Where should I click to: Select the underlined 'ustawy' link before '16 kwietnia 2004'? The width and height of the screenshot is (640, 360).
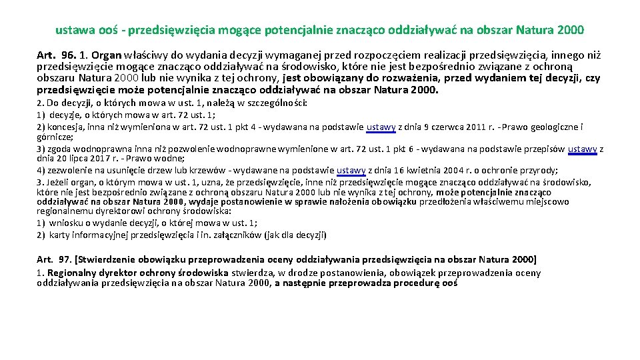(351, 170)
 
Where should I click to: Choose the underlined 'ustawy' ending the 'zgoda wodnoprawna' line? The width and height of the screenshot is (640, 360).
(583, 149)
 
